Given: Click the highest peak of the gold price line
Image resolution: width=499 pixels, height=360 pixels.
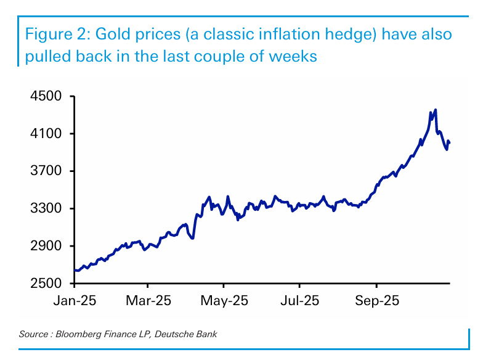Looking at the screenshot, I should point(436,110).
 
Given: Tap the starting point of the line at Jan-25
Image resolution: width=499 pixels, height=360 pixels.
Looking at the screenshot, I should point(75,270).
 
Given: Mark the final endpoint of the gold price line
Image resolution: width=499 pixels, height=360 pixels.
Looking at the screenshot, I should point(450,143).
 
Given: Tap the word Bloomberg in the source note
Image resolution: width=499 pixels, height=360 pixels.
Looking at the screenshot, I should point(79,334).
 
